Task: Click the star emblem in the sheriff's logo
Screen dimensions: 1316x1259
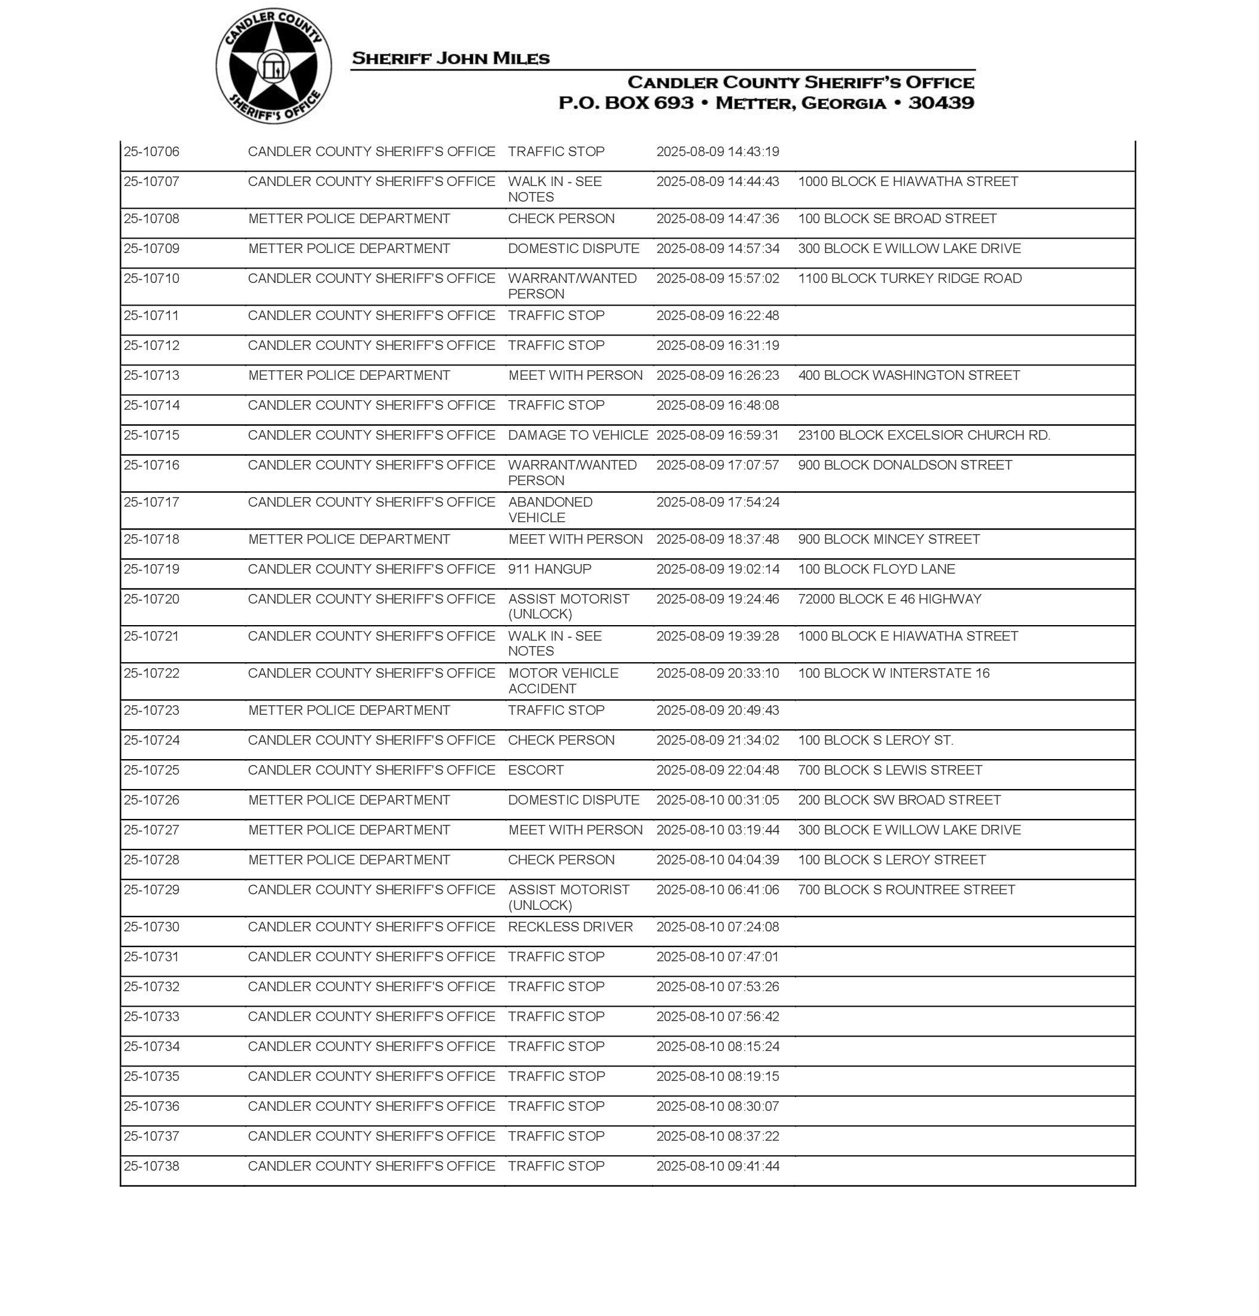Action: [273, 66]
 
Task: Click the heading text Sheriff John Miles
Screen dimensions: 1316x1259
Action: [450, 59]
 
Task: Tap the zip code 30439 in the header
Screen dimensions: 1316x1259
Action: [941, 103]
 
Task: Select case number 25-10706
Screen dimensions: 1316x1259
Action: [152, 152]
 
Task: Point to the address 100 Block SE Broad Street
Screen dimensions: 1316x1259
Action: [897, 219]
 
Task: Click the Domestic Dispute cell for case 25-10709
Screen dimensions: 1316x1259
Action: [573, 248]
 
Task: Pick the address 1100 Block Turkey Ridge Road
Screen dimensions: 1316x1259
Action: [909, 279]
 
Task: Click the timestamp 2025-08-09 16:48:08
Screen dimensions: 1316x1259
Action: [717, 406]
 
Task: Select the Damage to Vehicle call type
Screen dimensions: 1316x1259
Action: [578, 435]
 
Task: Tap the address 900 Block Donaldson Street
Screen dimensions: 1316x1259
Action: [905, 465]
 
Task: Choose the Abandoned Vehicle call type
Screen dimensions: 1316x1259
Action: [550, 510]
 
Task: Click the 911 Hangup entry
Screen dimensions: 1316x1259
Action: [549, 569]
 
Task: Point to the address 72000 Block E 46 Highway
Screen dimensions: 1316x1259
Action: [889, 599]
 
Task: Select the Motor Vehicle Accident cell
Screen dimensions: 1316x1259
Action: [562, 681]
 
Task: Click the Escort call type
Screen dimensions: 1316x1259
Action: [535, 770]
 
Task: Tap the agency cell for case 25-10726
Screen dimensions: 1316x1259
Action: [349, 800]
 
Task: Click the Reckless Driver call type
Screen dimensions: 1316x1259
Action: [570, 927]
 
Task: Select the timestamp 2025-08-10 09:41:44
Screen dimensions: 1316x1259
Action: [717, 1166]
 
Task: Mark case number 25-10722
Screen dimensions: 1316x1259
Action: [152, 673]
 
